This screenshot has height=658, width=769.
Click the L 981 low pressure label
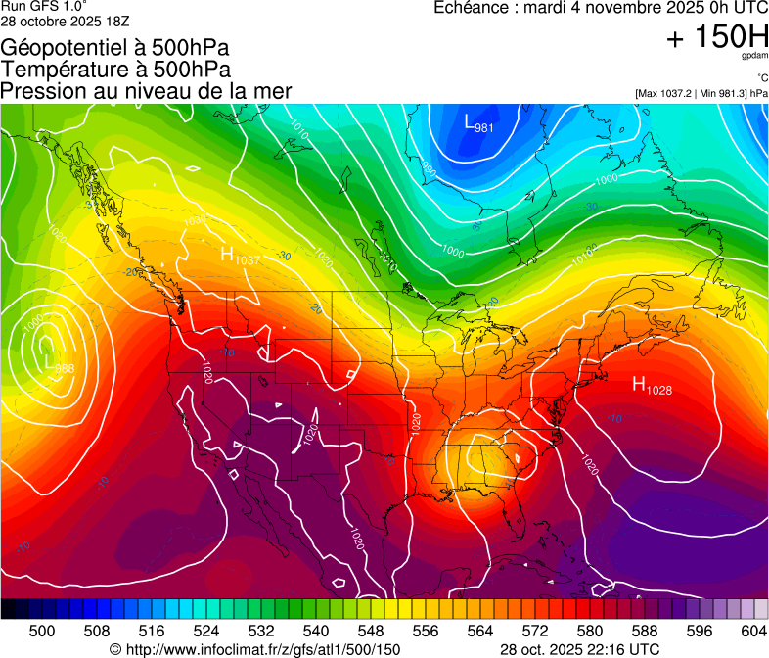click(x=477, y=123)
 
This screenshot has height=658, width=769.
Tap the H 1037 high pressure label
click(x=240, y=257)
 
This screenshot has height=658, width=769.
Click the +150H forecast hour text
click(x=717, y=38)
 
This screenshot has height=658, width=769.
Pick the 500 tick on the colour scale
click(x=42, y=632)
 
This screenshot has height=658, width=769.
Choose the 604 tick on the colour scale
click(x=753, y=632)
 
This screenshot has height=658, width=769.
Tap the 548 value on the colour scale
click(x=371, y=632)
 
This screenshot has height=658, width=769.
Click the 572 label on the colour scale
click(x=535, y=632)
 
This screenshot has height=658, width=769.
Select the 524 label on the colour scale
click(x=206, y=632)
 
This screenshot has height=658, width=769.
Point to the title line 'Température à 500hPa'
click(x=116, y=70)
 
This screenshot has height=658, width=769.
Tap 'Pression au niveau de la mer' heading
click(x=147, y=91)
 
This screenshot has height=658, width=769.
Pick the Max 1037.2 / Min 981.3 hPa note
click(x=701, y=93)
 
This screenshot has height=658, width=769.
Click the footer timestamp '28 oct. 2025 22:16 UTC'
click(x=579, y=649)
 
